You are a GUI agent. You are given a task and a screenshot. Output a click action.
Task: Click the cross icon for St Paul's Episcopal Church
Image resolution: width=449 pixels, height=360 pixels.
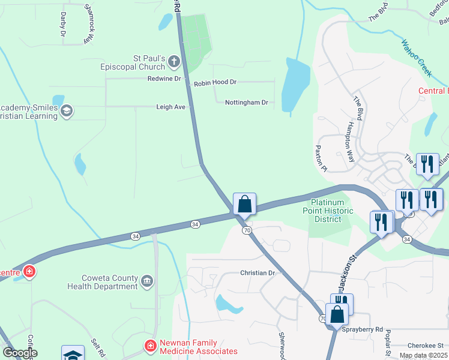[x=173, y=61]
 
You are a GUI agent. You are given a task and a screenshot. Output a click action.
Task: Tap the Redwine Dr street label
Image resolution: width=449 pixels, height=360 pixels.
[x=164, y=79]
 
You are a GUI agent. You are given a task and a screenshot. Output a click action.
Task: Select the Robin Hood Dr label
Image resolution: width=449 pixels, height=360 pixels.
[x=214, y=82]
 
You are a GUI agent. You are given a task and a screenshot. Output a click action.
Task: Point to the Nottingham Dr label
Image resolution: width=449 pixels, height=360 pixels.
[x=246, y=103]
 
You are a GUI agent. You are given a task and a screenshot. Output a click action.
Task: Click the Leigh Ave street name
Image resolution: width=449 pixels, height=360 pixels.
[x=170, y=107]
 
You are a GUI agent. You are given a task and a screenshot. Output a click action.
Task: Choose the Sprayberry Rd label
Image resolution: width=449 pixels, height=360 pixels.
[x=362, y=329]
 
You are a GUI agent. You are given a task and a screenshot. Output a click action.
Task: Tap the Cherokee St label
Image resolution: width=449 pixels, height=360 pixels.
[x=425, y=345]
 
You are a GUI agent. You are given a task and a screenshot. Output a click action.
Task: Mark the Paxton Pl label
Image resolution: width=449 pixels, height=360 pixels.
[x=321, y=158]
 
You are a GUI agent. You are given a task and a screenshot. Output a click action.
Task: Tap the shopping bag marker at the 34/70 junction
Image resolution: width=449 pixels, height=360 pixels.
[x=244, y=205]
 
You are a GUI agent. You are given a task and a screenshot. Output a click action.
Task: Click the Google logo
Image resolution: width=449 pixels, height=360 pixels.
[x=20, y=353]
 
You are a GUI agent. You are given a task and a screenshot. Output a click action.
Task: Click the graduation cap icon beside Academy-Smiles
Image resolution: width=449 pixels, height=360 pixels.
[x=67, y=110]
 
